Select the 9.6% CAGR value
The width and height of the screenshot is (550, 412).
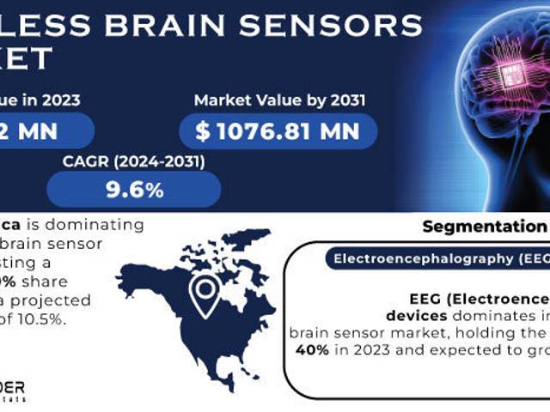coord(134,190)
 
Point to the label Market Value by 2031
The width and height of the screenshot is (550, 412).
coord(279,100)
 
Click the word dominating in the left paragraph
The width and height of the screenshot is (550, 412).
coord(94,226)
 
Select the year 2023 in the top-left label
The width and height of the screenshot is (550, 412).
coord(58,100)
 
